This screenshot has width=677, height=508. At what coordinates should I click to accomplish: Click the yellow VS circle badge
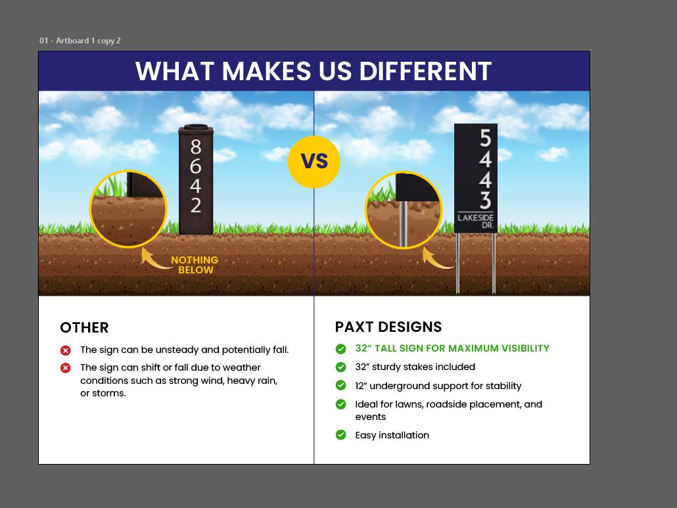(x=314, y=161)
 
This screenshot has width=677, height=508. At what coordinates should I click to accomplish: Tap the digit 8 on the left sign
(x=195, y=146)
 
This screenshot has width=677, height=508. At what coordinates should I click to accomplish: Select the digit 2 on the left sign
(x=195, y=205)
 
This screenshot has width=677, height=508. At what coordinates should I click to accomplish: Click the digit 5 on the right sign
(x=485, y=139)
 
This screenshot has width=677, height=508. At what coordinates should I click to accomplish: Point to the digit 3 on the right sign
(x=485, y=200)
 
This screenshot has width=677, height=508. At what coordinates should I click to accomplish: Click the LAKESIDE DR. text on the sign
(x=476, y=221)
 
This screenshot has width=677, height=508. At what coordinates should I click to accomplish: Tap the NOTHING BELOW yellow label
(x=195, y=265)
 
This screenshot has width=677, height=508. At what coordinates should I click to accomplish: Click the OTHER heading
(x=84, y=327)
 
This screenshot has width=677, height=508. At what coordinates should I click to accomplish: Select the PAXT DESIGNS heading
(x=388, y=327)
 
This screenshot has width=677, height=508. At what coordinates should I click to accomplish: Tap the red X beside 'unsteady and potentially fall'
(x=66, y=350)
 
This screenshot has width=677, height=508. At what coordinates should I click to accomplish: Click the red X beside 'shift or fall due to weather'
(x=66, y=368)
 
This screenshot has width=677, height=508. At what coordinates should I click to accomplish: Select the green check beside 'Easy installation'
(x=340, y=435)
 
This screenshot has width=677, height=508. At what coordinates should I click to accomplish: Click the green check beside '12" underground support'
(x=340, y=386)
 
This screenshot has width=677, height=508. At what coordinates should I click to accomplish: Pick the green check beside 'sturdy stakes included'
(x=340, y=367)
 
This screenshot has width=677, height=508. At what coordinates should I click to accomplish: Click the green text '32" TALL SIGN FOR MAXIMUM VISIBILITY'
(x=452, y=348)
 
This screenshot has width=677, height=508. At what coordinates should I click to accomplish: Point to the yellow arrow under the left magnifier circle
(x=153, y=259)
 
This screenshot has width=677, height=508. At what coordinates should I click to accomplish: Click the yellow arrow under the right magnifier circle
(x=434, y=259)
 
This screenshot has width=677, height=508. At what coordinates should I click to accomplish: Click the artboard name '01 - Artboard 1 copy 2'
(x=80, y=41)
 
